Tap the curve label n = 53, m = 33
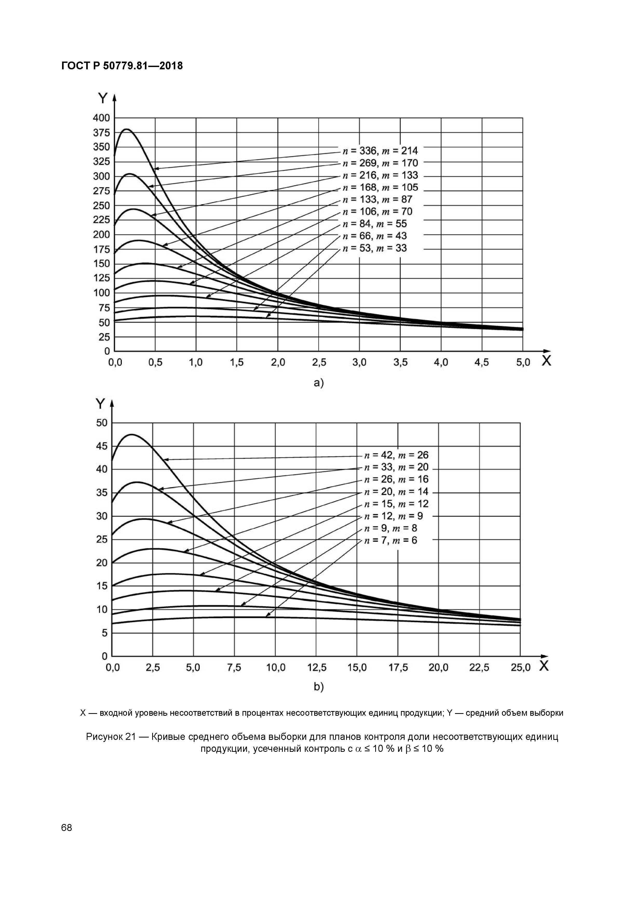[x=374, y=248]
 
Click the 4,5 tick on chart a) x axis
[x=482, y=363]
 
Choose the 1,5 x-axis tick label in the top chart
[x=237, y=363]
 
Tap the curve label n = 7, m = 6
[x=391, y=540]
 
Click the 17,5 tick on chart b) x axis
[x=398, y=668]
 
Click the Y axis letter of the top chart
[x=103, y=98]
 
